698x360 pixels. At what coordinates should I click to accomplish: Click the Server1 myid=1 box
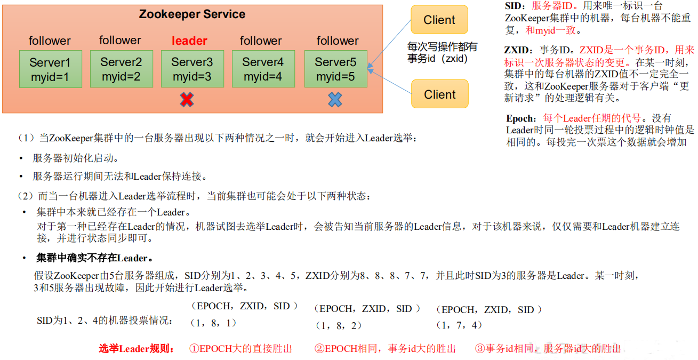pyautogui.click(x=50, y=69)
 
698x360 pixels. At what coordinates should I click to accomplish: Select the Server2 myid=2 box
pyautogui.click(x=121, y=69)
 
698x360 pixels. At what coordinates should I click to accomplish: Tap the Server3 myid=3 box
pyautogui.click(x=192, y=69)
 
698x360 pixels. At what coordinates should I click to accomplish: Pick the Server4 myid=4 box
pyautogui.click(x=263, y=69)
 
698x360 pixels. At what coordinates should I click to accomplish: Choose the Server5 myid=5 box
pyautogui.click(x=335, y=69)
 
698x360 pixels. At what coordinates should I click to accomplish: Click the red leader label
pyautogui.click(x=189, y=41)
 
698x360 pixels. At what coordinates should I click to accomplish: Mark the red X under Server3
pyautogui.click(x=186, y=99)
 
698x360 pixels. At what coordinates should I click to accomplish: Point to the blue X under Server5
pyautogui.click(x=335, y=99)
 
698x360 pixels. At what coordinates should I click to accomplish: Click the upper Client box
pyautogui.click(x=439, y=20)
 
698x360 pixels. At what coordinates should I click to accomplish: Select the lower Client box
pyautogui.click(x=439, y=94)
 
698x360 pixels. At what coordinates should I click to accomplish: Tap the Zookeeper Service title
pyautogui.click(x=192, y=14)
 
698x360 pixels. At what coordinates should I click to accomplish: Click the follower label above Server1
pyautogui.click(x=50, y=41)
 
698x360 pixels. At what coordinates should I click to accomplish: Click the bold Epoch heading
pyautogui.click(x=521, y=118)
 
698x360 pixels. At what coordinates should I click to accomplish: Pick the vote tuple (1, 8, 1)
pyautogui.click(x=213, y=323)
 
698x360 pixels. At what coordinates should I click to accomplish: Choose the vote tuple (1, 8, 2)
pyautogui.click(x=339, y=325)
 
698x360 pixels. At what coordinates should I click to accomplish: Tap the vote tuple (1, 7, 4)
pyautogui.click(x=459, y=325)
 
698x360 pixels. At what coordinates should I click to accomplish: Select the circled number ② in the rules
pyautogui.click(x=319, y=349)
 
